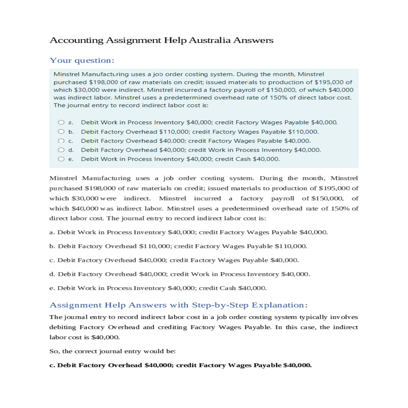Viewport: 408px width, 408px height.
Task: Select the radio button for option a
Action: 61,122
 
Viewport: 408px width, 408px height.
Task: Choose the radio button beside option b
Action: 61,132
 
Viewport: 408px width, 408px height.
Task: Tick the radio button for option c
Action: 61,141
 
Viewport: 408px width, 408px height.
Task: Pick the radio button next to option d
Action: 61,150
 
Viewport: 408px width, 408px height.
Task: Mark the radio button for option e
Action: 61,159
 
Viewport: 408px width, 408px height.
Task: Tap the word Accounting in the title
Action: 76,40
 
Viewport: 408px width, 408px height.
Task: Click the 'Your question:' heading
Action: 82,61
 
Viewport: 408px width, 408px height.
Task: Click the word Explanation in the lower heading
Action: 279,305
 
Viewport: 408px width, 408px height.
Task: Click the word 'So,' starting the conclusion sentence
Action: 54,352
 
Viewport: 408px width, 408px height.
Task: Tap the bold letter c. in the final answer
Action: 52,365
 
